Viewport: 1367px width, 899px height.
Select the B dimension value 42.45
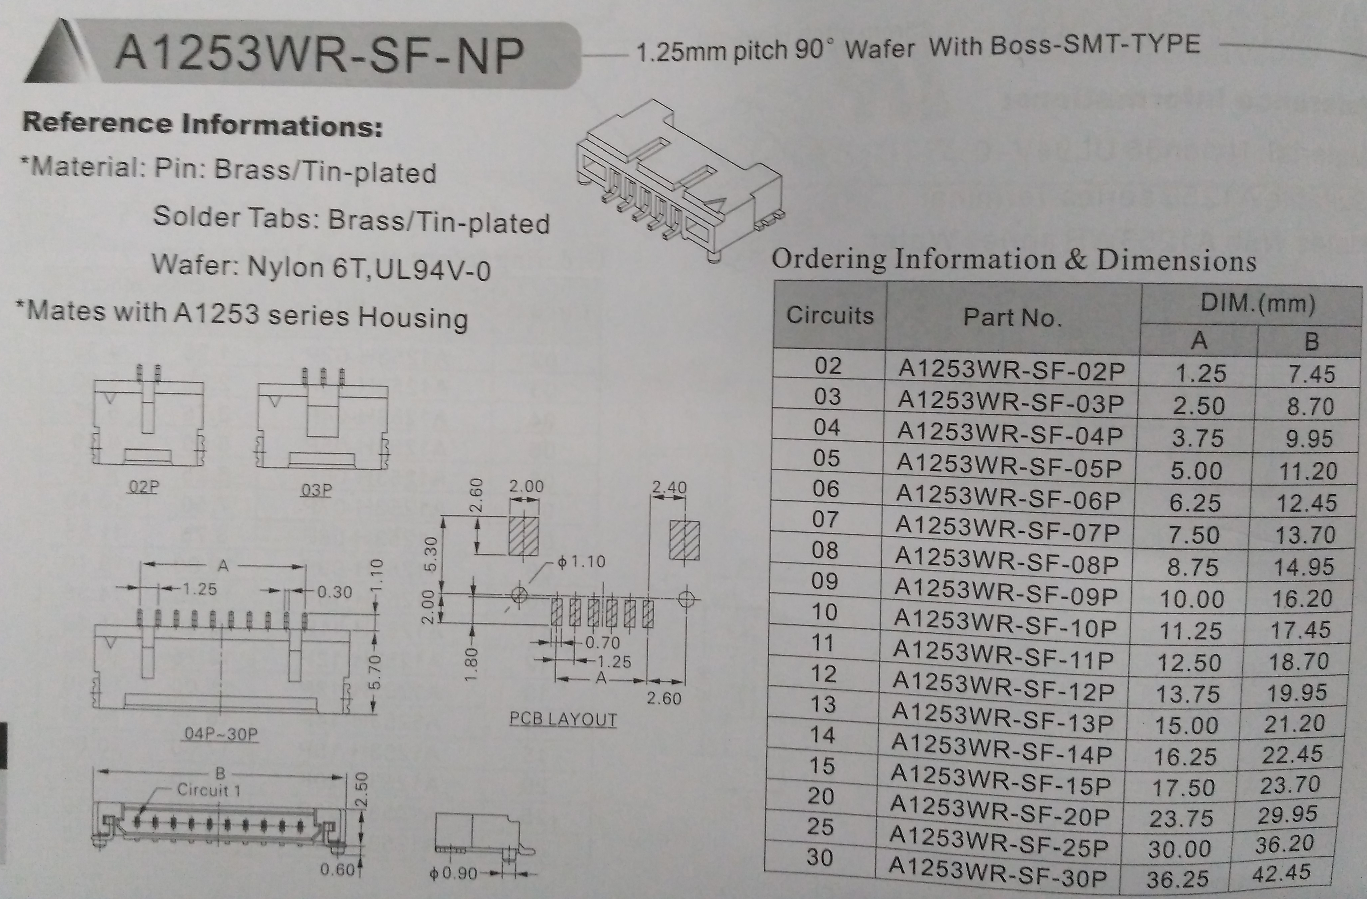tap(1281, 874)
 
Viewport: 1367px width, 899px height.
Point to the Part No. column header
tap(1012, 318)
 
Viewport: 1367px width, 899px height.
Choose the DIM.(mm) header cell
tap(1257, 303)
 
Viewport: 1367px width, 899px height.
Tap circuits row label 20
tap(821, 796)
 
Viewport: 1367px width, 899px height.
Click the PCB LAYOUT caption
tap(563, 720)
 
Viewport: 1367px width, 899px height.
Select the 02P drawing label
tap(143, 487)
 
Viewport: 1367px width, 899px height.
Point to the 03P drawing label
tap(316, 490)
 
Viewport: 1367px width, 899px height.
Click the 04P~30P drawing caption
tap(221, 734)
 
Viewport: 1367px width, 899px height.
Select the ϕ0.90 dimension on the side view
tap(454, 874)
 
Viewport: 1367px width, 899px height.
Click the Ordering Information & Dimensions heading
tap(1014, 260)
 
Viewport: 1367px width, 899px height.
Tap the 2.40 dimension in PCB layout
tap(669, 488)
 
